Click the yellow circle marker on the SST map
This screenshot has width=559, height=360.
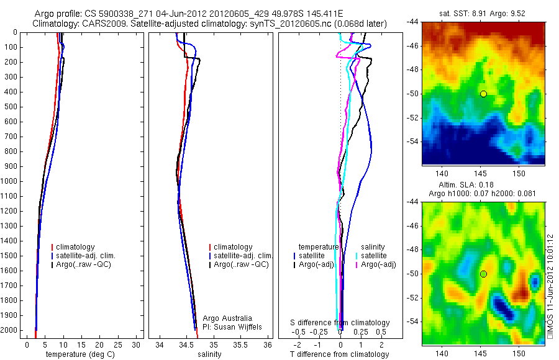tap(483, 94)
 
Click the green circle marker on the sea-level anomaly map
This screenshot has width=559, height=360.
tap(483, 274)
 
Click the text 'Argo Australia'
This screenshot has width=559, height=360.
tap(227, 318)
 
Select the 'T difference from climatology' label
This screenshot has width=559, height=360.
tap(339, 354)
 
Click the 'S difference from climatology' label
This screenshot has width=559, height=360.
tap(340, 323)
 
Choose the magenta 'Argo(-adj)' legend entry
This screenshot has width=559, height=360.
tap(379, 265)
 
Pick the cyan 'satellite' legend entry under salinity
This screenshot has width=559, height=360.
tap(373, 256)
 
